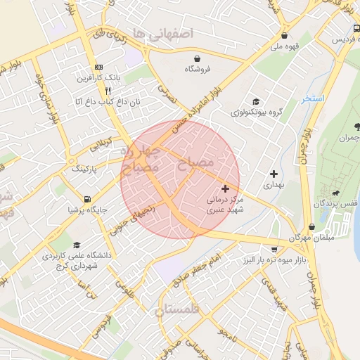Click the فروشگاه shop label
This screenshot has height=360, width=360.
click(x=198, y=70)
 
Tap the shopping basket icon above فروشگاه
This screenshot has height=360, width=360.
click(x=199, y=58)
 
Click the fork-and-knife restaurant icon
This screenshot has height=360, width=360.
click(x=108, y=91)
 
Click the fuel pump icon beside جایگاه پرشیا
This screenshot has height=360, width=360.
click(x=87, y=199)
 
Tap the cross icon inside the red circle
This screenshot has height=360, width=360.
click(x=225, y=188)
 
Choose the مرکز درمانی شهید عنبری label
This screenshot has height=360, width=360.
click(x=224, y=205)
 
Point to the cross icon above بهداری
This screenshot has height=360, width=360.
click(x=274, y=173)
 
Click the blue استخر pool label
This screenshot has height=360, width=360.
click(x=313, y=98)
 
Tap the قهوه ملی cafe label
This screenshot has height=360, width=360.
click(x=285, y=47)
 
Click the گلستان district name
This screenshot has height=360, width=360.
click(x=176, y=309)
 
